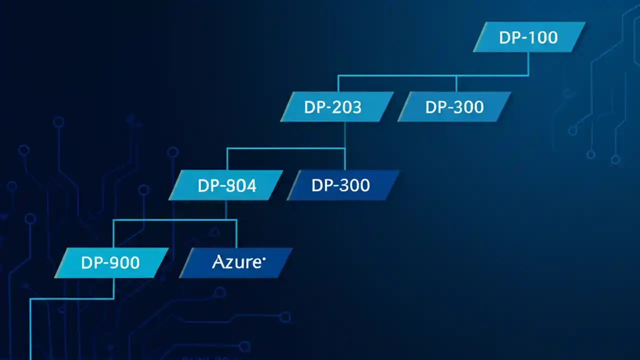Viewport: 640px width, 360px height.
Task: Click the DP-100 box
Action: point(528,37)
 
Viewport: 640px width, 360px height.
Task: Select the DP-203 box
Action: point(335,107)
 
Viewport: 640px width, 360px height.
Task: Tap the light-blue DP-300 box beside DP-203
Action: point(454,107)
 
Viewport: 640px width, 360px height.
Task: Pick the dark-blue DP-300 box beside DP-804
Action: point(343,185)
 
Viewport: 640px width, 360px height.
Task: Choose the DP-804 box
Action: point(226,185)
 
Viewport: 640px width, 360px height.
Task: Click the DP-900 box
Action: point(110,263)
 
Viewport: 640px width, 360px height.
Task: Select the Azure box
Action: point(236,263)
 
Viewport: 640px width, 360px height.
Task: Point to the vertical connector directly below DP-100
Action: point(528,63)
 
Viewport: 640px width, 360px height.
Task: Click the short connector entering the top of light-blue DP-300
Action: point(456,83)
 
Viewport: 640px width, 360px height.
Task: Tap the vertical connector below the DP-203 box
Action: point(345,135)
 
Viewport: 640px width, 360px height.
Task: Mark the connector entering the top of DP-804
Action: point(227,158)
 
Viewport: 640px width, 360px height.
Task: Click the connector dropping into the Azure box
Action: point(236,233)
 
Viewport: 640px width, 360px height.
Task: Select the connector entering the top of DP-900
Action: point(114,233)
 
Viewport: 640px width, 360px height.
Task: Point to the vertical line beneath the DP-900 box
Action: point(114,288)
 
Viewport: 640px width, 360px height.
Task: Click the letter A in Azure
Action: point(217,262)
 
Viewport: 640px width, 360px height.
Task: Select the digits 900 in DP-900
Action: point(124,263)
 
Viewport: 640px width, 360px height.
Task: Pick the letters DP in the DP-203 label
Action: point(314,107)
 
